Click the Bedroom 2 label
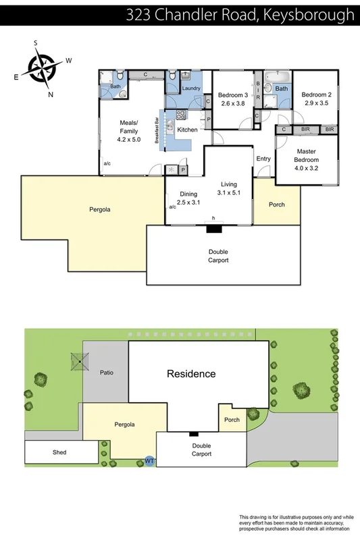315,94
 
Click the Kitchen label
187,130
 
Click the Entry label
263,159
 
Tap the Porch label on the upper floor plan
277,205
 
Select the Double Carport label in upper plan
217,256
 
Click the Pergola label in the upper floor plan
99,209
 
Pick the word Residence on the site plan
192,373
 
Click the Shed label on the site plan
59,452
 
